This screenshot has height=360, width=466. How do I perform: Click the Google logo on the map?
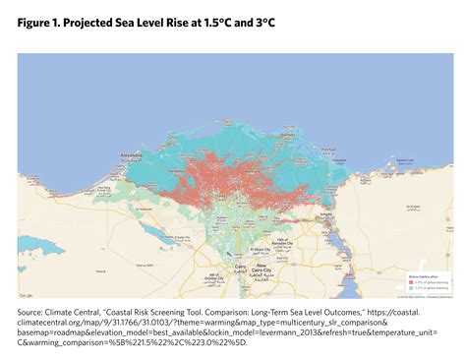(27, 294)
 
